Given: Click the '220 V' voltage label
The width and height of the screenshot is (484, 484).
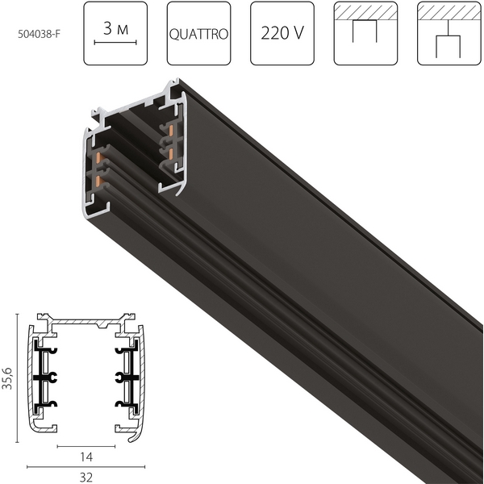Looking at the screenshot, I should [x=282, y=35].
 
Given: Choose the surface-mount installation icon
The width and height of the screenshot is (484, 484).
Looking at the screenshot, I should [x=365, y=34].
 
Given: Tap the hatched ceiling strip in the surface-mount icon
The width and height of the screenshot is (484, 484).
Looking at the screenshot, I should [x=365, y=13].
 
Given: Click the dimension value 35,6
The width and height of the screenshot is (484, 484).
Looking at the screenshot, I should [x=9, y=377].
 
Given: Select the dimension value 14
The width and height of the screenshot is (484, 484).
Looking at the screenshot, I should [x=87, y=457].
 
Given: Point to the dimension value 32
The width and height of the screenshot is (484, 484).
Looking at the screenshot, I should [x=87, y=477].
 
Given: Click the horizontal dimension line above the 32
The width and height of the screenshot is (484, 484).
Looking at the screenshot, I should [x=87, y=466].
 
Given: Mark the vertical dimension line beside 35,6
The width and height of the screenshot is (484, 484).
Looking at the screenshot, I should [x=19, y=377].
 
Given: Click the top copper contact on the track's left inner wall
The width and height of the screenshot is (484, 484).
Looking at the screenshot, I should [x=98, y=137].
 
